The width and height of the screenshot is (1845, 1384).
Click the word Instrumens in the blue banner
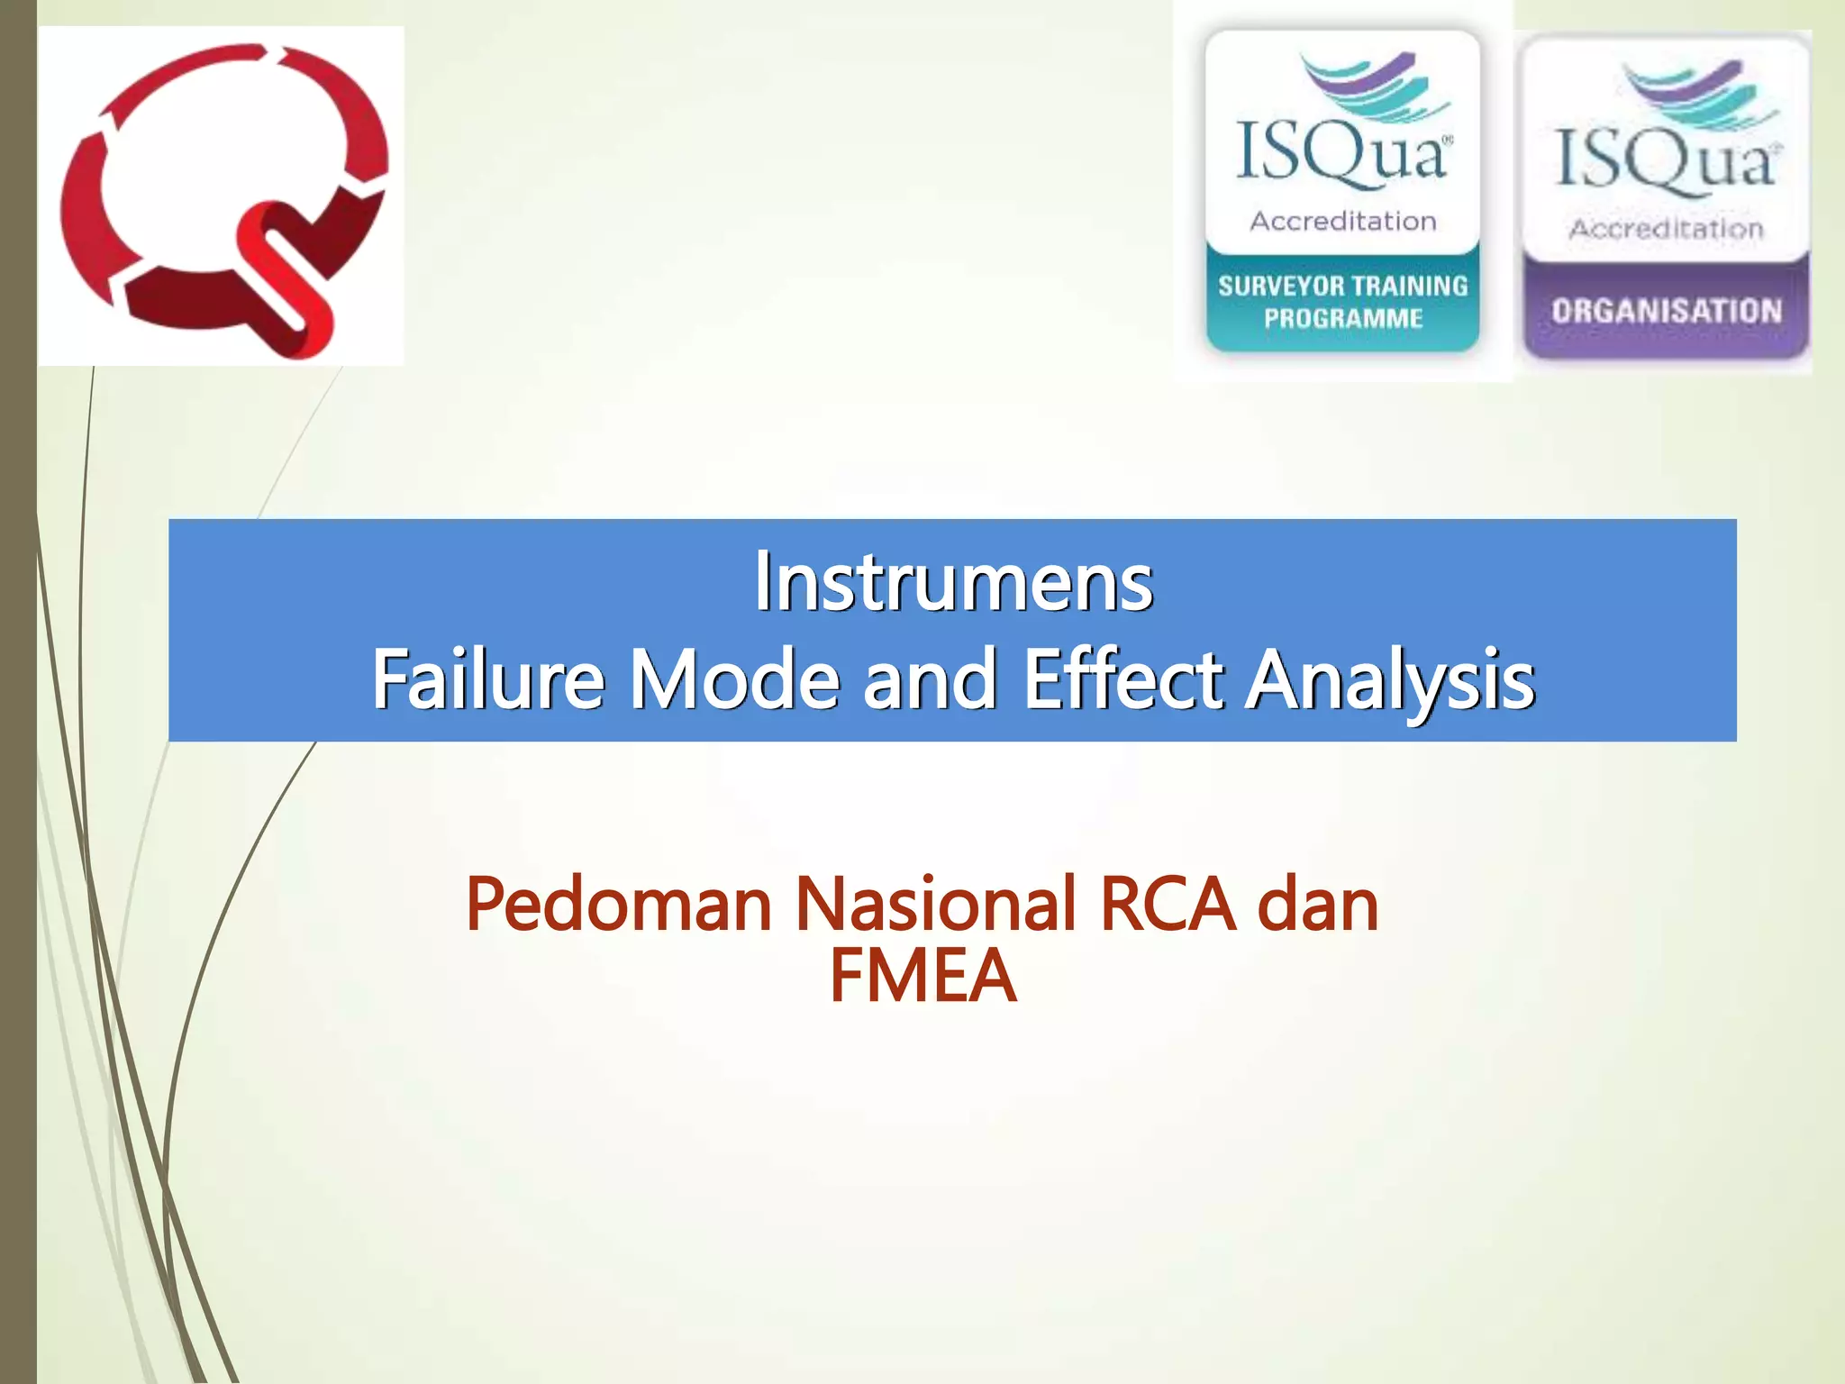953,582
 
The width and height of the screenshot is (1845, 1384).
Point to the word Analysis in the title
1390,681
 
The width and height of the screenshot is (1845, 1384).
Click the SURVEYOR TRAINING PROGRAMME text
1342,302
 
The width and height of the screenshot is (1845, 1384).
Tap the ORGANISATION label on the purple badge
1666,311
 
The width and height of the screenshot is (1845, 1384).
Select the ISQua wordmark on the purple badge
1665,162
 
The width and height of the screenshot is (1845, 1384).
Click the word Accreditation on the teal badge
1342,221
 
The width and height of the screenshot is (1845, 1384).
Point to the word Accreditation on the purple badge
1666,229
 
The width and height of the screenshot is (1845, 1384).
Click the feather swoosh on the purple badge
1698,95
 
